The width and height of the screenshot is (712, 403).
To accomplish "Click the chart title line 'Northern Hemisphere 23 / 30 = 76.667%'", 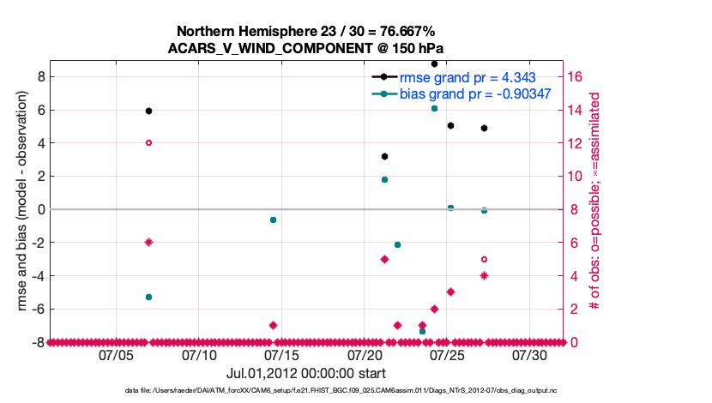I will tap(306, 32).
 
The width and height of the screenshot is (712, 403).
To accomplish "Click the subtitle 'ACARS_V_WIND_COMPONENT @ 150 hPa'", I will tap(306, 48).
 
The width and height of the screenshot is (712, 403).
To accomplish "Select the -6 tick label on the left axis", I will tap(36, 309).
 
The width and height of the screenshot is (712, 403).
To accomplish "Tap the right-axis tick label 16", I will tap(576, 77).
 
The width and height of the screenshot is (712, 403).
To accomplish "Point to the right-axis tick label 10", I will tap(576, 177).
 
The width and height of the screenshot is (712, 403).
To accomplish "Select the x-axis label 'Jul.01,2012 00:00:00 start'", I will tap(306, 373).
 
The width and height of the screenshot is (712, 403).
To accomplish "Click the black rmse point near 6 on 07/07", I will tap(148, 111).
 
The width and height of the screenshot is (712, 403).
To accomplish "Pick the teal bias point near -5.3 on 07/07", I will tap(148, 297).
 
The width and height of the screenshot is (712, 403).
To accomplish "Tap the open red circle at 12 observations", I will tap(148, 143).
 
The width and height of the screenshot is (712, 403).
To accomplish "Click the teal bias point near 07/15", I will tap(273, 220).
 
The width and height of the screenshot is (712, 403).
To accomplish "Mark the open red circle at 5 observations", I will tap(484, 259).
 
